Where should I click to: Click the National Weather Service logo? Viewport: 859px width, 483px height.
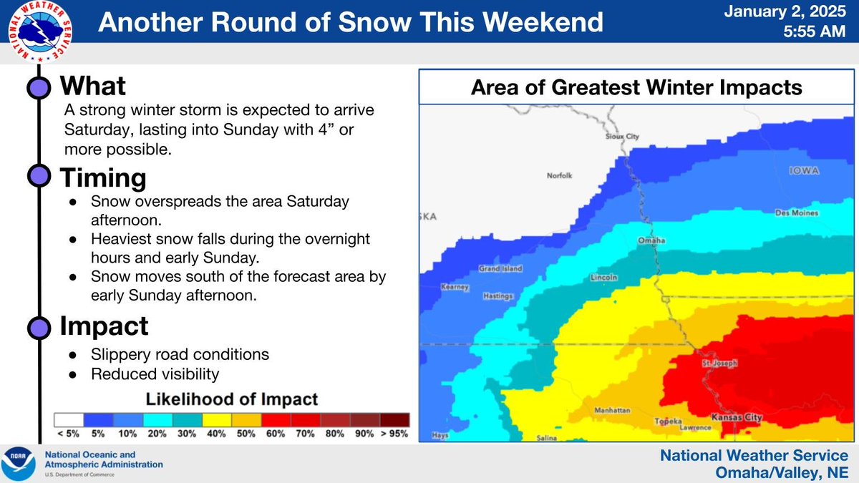tap(40, 31)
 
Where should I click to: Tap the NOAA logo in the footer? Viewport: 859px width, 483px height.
tap(18, 464)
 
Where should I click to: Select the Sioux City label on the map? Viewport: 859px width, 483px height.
tap(622, 137)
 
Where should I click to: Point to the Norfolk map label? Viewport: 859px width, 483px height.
tap(559, 175)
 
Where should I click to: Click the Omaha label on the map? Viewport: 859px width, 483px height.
tap(651, 240)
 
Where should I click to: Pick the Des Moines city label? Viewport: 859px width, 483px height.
tap(797, 213)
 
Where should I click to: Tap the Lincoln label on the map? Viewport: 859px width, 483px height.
tap(603, 277)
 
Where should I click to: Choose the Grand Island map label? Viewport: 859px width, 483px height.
tap(500, 269)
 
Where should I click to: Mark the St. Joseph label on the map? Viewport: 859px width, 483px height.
tap(719, 363)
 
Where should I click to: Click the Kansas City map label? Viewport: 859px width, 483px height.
tap(737, 417)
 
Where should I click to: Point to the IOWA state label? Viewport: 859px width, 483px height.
tap(804, 170)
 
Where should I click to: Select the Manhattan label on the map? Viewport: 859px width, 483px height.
tap(612, 410)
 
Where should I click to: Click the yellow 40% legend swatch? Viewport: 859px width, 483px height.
tap(217, 420)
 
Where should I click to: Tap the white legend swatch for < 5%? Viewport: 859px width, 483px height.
tap(69, 420)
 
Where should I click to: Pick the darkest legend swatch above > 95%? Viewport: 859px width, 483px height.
tap(394, 420)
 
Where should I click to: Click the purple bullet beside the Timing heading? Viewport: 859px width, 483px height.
tap(39, 175)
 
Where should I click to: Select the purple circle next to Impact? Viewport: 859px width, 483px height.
tap(39, 328)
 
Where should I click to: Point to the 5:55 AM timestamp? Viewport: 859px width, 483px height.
tap(814, 31)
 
